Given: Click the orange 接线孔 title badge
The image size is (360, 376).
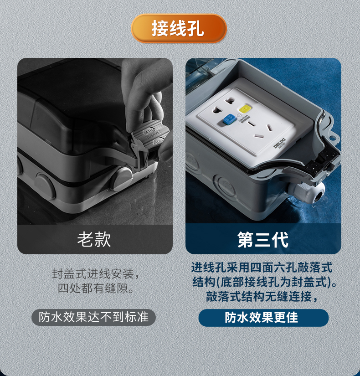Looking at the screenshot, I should tap(179, 28).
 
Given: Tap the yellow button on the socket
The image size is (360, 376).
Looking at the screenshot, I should tap(244, 110).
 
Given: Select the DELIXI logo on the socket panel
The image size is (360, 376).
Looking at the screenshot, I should tap(279, 144).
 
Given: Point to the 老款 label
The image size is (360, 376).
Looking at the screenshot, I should tap(94, 239).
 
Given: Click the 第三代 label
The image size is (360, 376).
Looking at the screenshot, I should tap(263, 239).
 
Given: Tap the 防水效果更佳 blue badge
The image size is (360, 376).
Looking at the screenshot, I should tap(263, 318).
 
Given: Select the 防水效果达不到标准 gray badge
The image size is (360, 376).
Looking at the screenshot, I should tap(94, 317).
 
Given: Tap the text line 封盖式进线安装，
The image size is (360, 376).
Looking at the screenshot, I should tap(95, 274).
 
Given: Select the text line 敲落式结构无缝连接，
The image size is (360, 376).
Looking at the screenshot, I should tap(263, 297).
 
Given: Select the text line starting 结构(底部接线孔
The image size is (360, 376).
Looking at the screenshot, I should tap(264, 282).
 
